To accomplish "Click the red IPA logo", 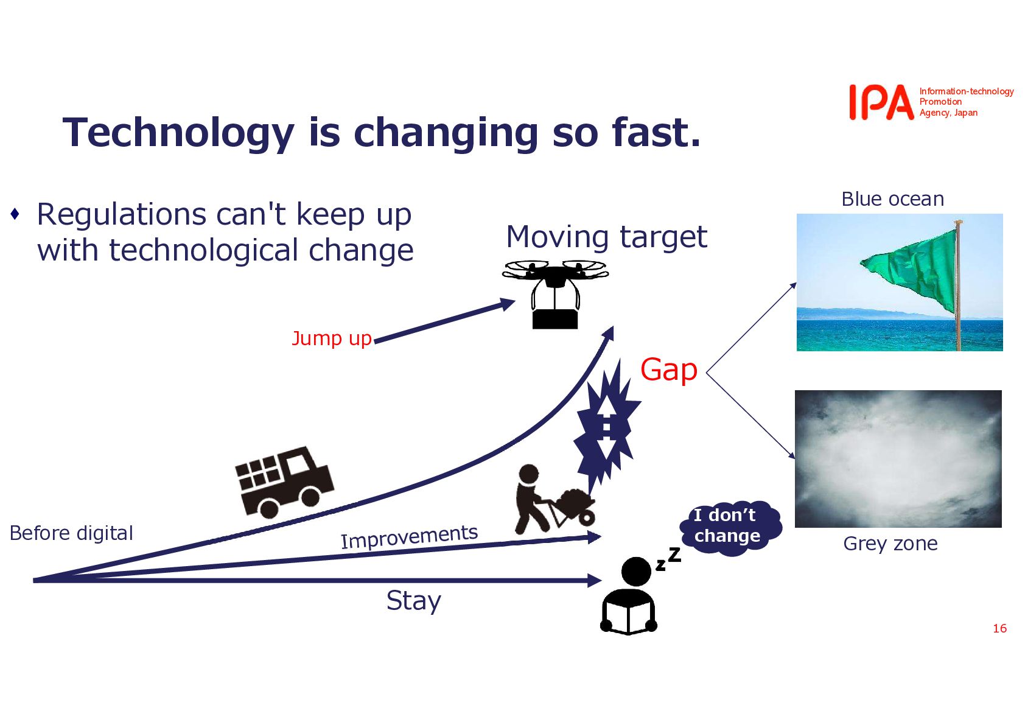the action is pyautogui.click(x=881, y=102).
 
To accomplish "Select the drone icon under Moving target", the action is pyautogui.click(x=555, y=294).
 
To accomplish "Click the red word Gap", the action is pyautogui.click(x=668, y=370).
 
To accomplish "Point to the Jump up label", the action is pyautogui.click(x=332, y=338).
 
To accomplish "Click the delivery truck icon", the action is pyautogui.click(x=284, y=481).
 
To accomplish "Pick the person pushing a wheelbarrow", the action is pyautogui.click(x=554, y=499).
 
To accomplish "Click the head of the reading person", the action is pyautogui.click(x=636, y=571).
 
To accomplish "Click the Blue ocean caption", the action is pyautogui.click(x=893, y=199).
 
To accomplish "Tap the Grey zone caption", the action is pyautogui.click(x=890, y=544).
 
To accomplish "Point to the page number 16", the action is pyautogui.click(x=1000, y=628).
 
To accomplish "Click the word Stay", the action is pyautogui.click(x=414, y=601).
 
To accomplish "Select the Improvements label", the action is pyautogui.click(x=409, y=536).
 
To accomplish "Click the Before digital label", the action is pyautogui.click(x=71, y=533).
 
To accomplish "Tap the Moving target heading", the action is pyautogui.click(x=607, y=237).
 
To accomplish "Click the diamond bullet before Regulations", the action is pyautogui.click(x=15, y=214).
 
